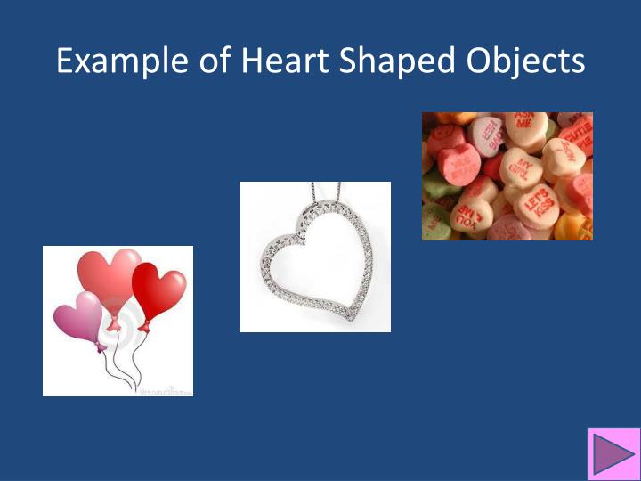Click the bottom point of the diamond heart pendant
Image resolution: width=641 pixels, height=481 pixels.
pos(353,318)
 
